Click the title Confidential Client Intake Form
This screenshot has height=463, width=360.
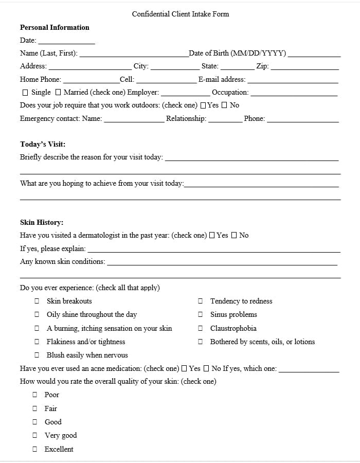coord(180,14)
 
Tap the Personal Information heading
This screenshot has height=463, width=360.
coord(55,27)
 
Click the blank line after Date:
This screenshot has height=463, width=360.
coord(66,41)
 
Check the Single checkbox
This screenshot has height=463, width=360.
coord(25,93)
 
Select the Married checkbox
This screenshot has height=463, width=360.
coord(58,93)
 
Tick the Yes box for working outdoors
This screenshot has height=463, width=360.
coord(203,105)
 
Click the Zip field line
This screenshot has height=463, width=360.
coord(304,67)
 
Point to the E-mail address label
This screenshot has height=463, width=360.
coord(222,80)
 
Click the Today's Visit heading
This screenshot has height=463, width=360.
coord(43,144)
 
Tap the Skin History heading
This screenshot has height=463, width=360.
coord(42,222)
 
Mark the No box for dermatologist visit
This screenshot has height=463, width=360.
coord(234,236)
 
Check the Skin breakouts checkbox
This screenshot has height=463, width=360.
coord(37,301)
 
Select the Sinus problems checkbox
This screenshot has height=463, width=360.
coord(200,314)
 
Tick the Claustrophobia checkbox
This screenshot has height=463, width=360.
coord(200,328)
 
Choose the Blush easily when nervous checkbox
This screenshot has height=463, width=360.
coord(37,355)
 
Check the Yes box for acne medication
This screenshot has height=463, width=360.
coord(184,368)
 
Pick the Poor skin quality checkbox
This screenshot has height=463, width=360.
coord(35,395)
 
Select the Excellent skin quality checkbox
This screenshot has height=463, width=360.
coord(35,449)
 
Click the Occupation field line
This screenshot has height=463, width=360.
coord(294,94)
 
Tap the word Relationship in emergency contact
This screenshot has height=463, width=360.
coord(186,119)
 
